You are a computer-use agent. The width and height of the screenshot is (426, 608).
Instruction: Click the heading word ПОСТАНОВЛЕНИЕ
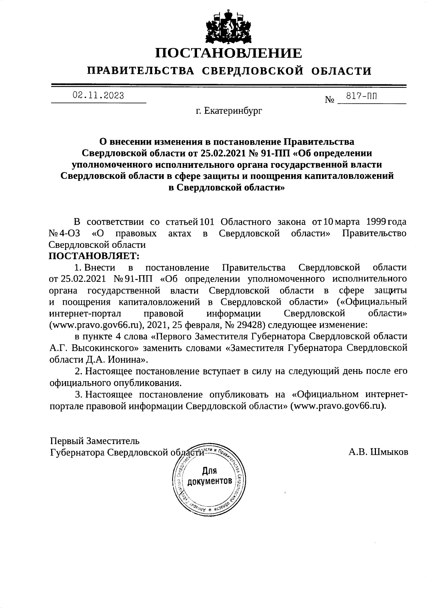229,53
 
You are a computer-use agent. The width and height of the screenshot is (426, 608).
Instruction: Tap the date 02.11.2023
98,95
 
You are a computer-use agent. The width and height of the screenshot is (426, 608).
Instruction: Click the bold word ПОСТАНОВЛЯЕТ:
94,256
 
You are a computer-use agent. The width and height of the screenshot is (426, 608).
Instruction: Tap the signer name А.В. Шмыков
378,452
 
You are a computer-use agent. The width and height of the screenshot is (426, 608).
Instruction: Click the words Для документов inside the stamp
209,476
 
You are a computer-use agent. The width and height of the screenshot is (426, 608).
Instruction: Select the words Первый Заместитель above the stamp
94,441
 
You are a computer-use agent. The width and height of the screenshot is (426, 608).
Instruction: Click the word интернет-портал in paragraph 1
85,314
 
